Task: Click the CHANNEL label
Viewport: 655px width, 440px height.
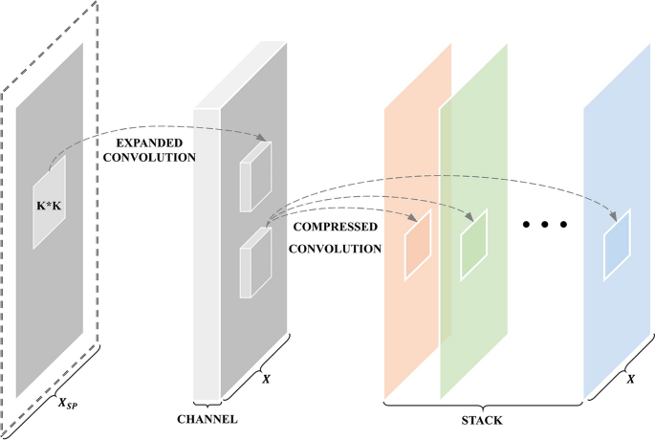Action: coord(207,419)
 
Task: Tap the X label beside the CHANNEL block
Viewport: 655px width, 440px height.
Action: coord(266,380)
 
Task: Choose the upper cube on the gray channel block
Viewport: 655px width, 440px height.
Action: coord(255,176)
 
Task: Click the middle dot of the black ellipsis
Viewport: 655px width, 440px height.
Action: coord(546,226)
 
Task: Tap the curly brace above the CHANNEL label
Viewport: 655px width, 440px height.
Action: coord(207,404)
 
